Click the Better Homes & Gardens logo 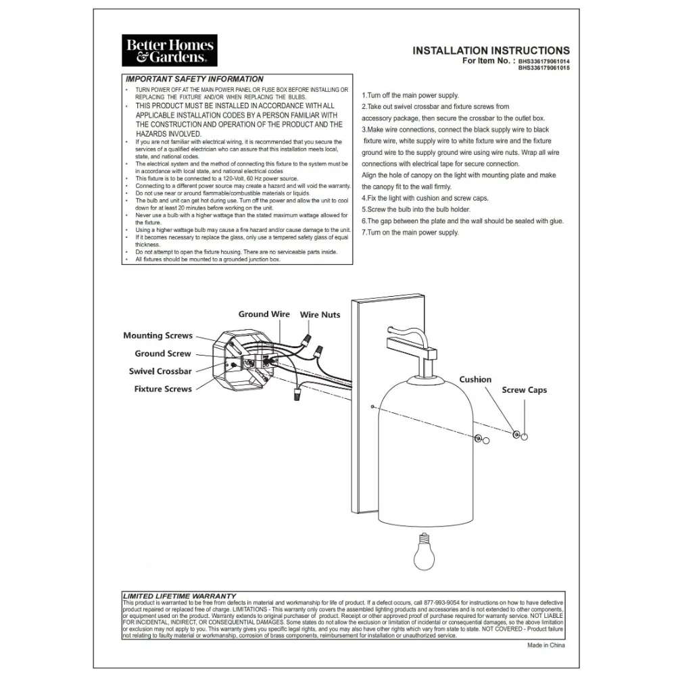[169, 51]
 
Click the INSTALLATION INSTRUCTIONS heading [491, 51]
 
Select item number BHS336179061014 [544, 61]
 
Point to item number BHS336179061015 [544, 68]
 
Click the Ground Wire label [264, 314]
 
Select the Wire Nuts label [320, 315]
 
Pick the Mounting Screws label [158, 335]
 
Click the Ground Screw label [163, 354]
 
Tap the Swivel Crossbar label [160, 371]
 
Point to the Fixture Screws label [163, 389]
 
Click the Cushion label [475, 379]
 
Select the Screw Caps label [524, 390]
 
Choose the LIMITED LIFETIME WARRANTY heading [179, 596]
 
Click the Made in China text [546, 646]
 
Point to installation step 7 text [410, 233]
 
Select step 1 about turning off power [410, 96]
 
